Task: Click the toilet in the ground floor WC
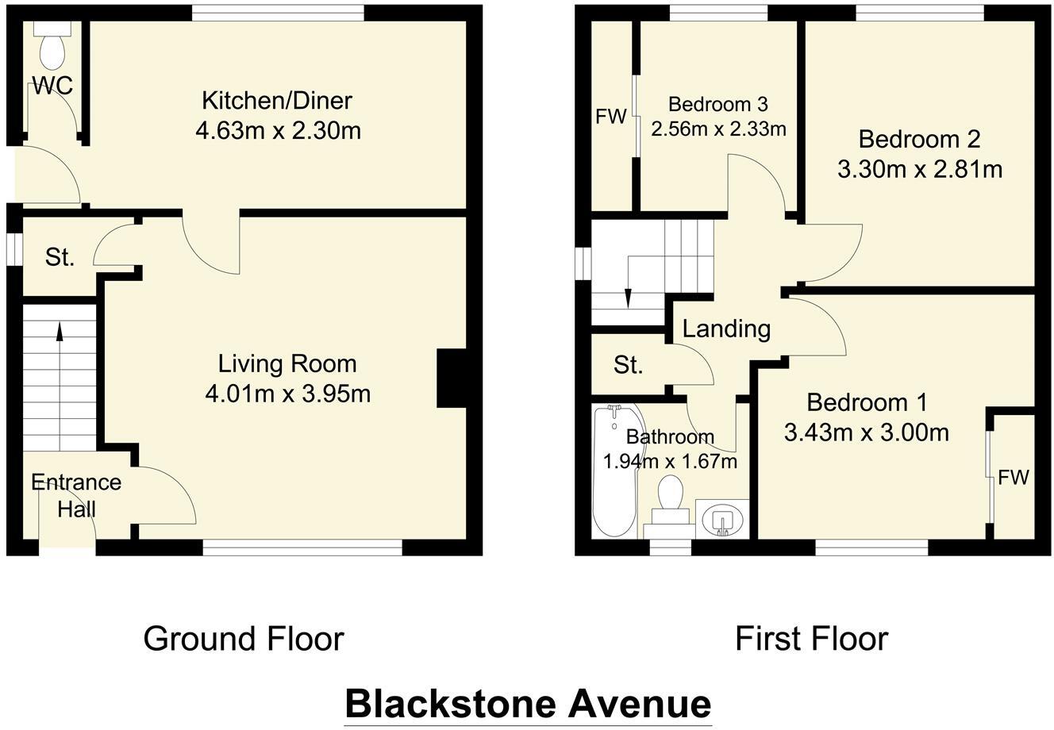coord(53,49)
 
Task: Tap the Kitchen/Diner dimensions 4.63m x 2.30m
coord(278,129)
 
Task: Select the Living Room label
coord(287,364)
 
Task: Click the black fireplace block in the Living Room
coord(451,378)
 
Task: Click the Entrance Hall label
coord(76,494)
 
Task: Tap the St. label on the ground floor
coord(60,257)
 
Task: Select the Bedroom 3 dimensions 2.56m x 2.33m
coord(717,128)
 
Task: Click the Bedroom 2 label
coord(919,140)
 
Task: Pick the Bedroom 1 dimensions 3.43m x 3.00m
coord(866,432)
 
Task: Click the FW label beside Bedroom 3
coord(610,117)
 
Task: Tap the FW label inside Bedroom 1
coord(1013,478)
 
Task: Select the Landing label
coord(726,328)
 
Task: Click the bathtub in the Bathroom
coord(614,472)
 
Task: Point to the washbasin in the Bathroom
coord(721,520)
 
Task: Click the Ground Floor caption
coord(243,638)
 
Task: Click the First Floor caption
coord(811,638)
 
